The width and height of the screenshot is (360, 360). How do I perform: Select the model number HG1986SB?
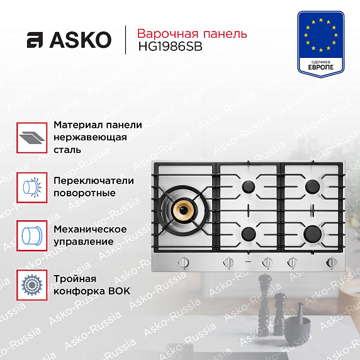point(170,47)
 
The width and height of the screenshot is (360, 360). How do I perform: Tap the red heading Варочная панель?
point(192,33)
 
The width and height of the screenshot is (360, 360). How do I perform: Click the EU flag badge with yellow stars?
point(321,44)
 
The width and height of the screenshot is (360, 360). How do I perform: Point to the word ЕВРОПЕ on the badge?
point(320,67)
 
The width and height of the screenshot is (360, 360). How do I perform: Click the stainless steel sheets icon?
point(32,138)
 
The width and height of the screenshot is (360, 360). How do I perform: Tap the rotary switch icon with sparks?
point(32,188)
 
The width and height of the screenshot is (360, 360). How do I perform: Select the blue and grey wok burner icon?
point(32,285)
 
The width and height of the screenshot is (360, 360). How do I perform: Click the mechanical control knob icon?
point(32,236)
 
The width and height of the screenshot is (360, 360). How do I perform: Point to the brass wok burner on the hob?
point(184,210)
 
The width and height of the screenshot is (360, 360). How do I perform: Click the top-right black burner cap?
point(312,186)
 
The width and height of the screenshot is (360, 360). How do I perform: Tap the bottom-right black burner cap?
point(312,233)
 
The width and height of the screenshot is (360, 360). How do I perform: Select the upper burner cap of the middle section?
point(248,186)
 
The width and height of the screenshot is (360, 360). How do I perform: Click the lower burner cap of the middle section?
point(249,234)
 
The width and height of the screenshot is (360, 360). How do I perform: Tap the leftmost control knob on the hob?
point(183,262)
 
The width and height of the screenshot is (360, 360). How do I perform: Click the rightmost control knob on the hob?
point(332,262)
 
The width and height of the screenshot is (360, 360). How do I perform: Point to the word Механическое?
point(90,229)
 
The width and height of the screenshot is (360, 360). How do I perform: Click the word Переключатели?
point(94,181)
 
